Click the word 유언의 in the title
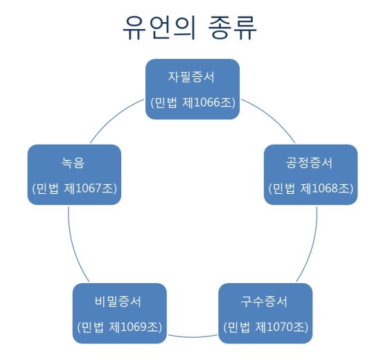[x=159, y=27]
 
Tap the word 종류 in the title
[x=232, y=27]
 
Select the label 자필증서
[x=191, y=77]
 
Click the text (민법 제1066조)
[x=193, y=102]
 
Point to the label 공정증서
[x=309, y=163]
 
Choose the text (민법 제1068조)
[x=311, y=188]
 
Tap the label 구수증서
[x=264, y=301]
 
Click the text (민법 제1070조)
[x=265, y=327]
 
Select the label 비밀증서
[x=118, y=301]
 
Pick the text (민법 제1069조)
[x=120, y=327]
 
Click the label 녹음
[x=73, y=163]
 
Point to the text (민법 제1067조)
[x=74, y=188]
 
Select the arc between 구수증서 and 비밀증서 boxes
[x=193, y=337]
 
